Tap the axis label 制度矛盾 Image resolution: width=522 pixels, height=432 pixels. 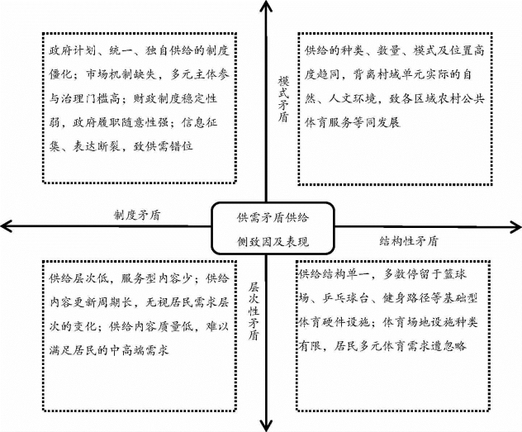pyautogui.click(x=137, y=215)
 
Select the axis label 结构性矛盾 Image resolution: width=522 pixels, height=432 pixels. pyautogui.click(x=409, y=241)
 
